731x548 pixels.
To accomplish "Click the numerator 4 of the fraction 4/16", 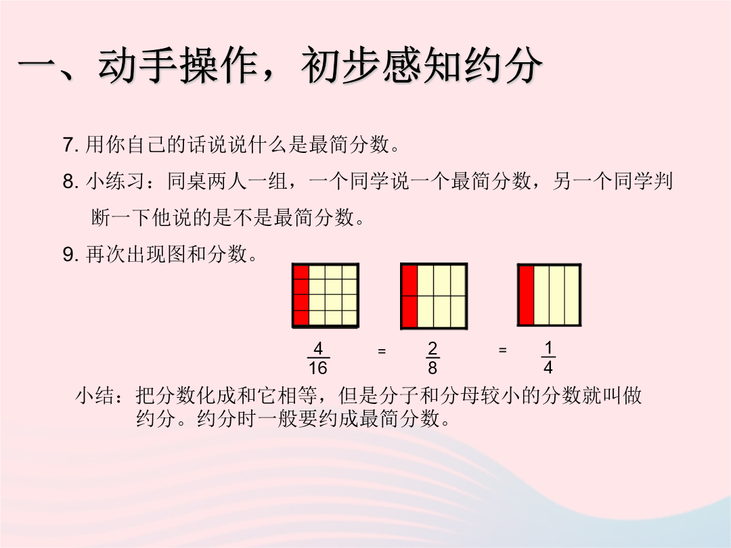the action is coord(318,348).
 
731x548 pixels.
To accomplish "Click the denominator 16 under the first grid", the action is coord(317,368).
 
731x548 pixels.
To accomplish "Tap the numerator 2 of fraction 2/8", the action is coord(433,348).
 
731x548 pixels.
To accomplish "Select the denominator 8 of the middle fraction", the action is coord(433,368).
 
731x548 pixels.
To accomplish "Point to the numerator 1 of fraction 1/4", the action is coord(548,348).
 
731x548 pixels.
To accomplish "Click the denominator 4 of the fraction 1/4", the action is coord(548,368).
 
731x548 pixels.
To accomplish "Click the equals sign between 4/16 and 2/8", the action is coord(382,350).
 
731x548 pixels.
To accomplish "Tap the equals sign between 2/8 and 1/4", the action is coord(502,350).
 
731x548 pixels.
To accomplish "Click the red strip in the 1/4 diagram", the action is coord(527,296).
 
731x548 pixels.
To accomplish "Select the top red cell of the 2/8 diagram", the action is coord(409,281).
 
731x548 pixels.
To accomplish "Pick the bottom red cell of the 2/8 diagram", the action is coord(409,311).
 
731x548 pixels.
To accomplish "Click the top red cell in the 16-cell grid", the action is coord(302,273).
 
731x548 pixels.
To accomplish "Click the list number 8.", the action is coord(70,181).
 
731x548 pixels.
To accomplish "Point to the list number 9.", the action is coord(70,254).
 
